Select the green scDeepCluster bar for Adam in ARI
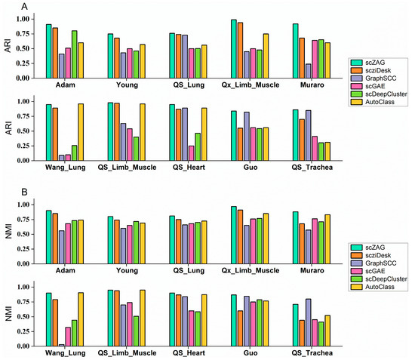point(74,54)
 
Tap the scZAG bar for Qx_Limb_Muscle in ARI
point(234,49)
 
